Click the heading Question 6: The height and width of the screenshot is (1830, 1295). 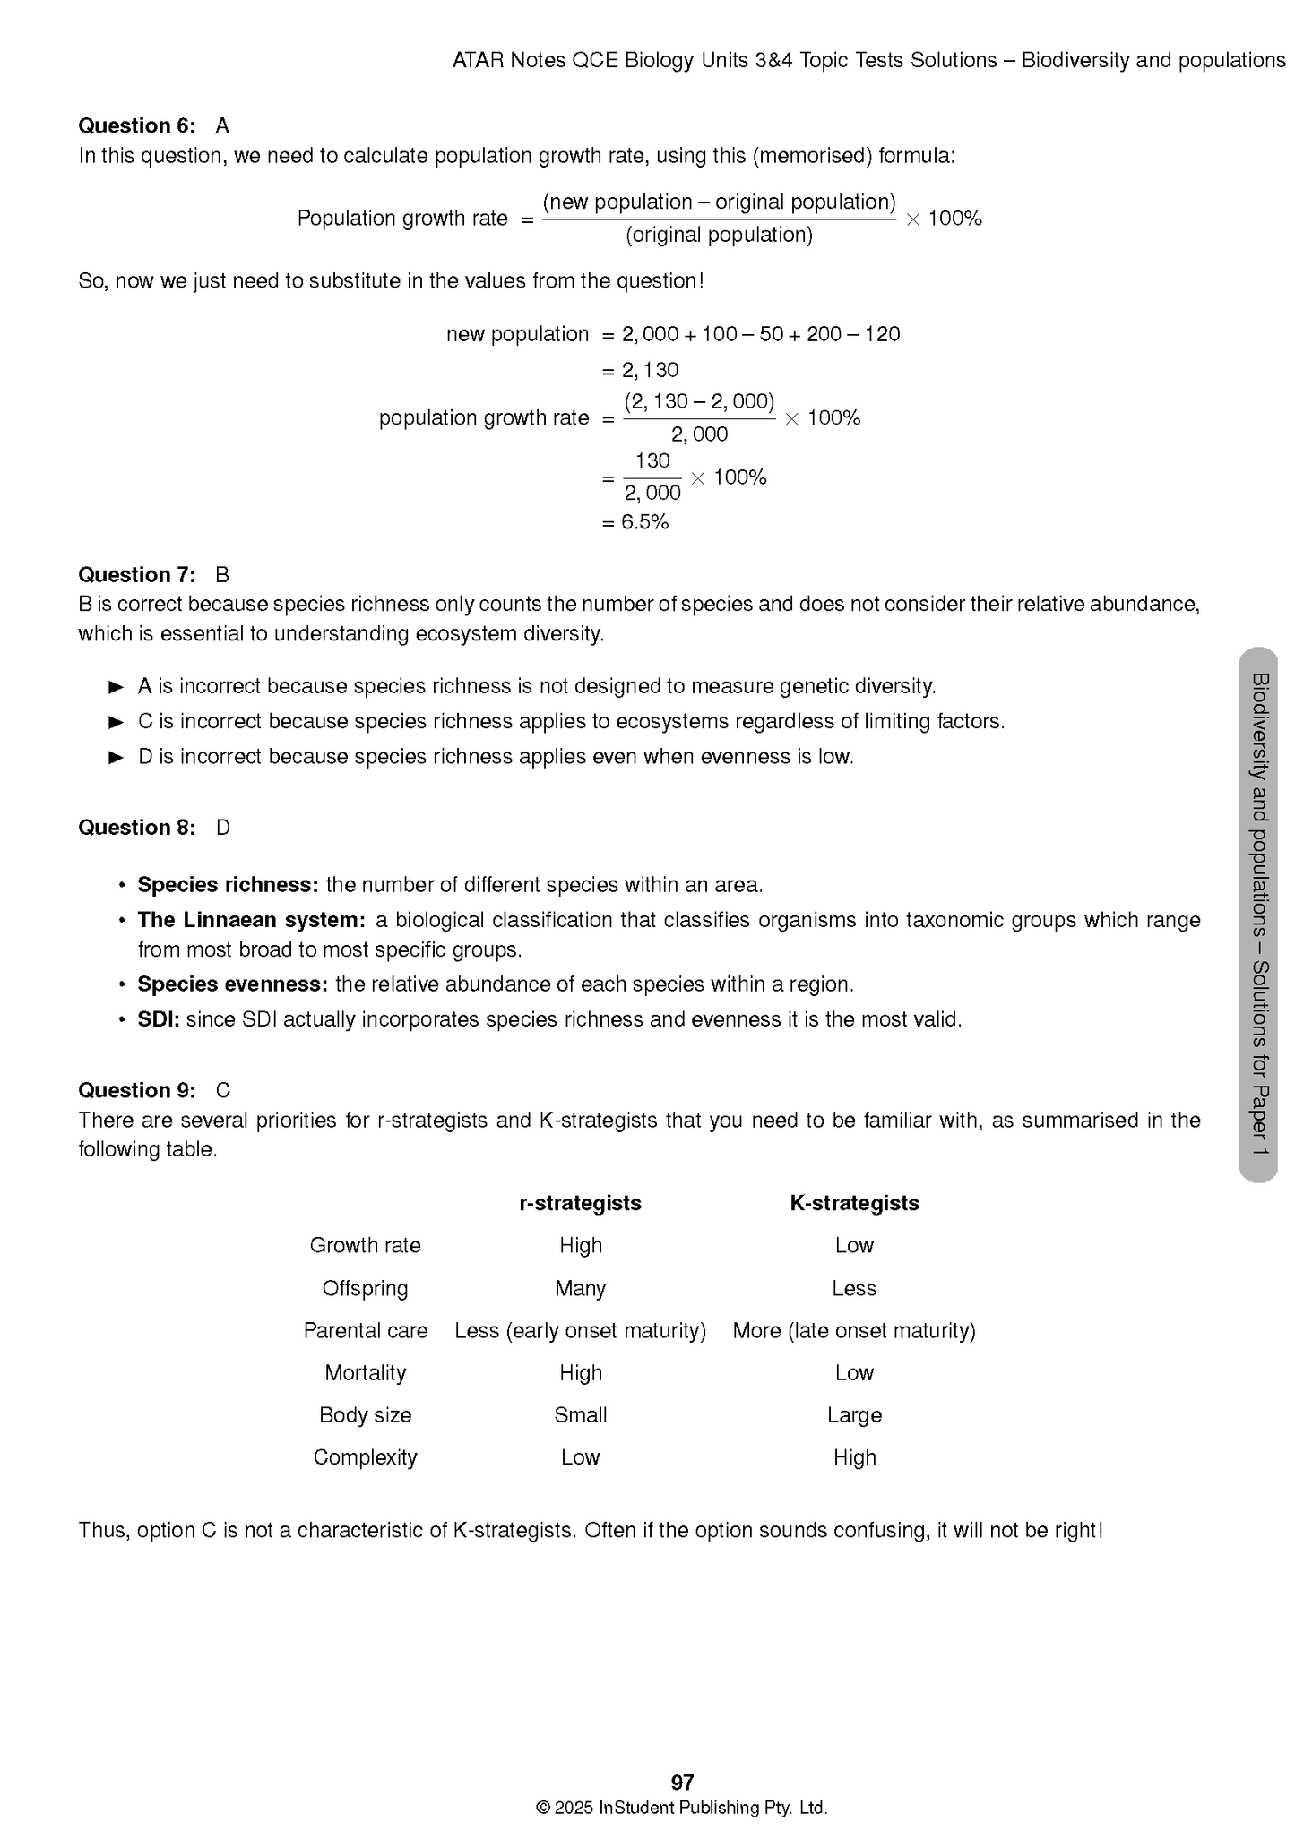pos(136,125)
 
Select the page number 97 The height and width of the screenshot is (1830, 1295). pos(682,1782)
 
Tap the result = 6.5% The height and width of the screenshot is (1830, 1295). pos(635,522)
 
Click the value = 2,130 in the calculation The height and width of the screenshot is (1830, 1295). pos(641,370)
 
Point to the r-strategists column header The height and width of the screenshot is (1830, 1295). pos(580,1203)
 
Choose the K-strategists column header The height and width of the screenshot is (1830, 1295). pos(854,1203)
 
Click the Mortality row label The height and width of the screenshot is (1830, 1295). pos(366,1372)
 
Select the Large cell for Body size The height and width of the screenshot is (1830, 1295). pos(854,1415)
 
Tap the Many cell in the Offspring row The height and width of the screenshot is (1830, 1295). pos(580,1288)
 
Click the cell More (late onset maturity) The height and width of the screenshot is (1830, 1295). pos(854,1330)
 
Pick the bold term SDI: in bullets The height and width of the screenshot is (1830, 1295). pos(159,1019)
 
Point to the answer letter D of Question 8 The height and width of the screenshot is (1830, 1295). pos(223,828)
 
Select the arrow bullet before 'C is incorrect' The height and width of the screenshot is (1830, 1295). pos(116,722)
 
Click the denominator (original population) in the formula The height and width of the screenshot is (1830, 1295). pos(719,235)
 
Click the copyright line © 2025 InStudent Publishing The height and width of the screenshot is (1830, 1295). pos(681,1808)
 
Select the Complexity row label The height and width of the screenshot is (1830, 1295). pos(366,1457)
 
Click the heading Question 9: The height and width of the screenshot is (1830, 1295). pos(136,1090)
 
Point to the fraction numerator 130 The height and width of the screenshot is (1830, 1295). pos(652,461)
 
